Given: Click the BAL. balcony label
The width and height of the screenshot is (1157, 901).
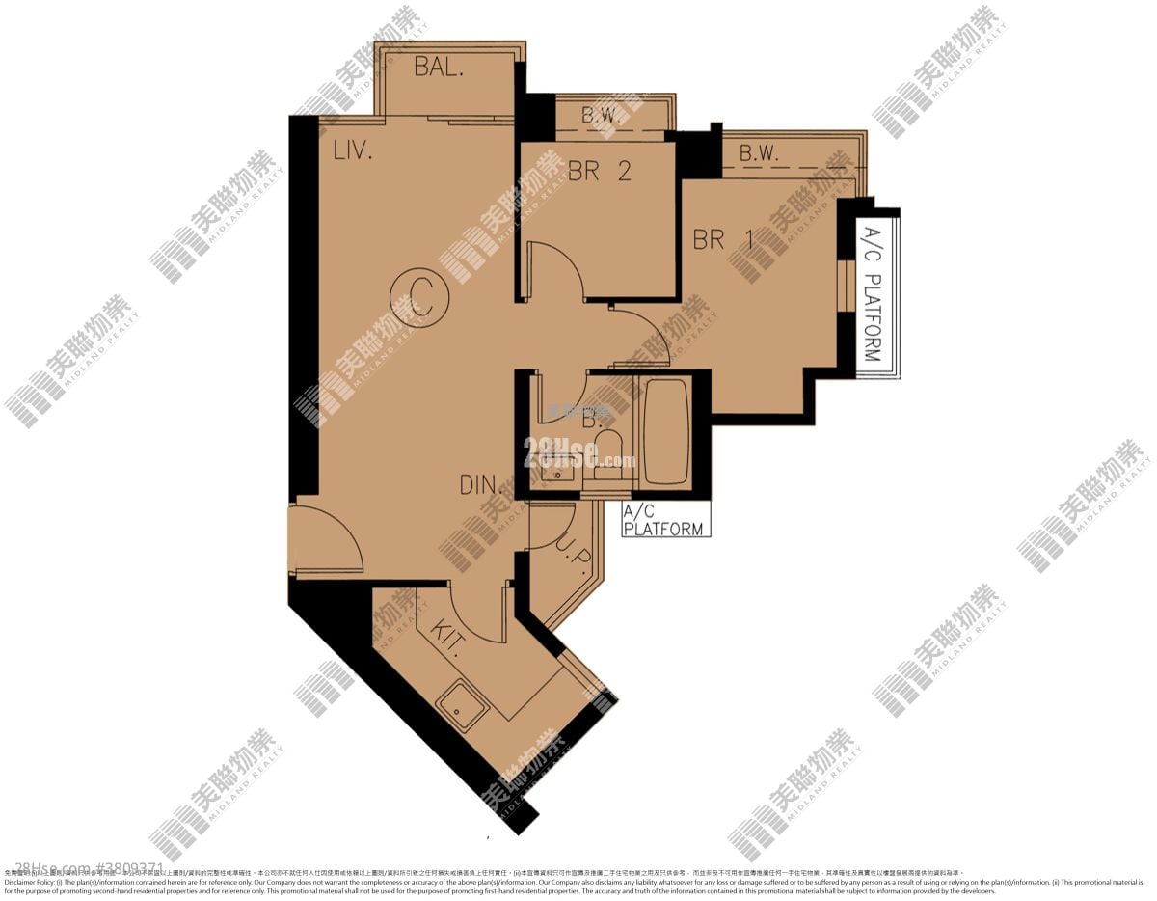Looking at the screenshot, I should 440,68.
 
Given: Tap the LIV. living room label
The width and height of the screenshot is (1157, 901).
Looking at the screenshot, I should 353,150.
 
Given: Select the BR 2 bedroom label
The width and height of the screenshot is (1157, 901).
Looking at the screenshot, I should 599,172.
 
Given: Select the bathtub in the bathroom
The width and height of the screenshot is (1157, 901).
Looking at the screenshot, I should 665,431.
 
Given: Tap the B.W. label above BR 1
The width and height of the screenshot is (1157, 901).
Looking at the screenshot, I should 759,153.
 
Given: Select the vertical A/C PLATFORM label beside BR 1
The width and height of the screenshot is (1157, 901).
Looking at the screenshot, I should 871,294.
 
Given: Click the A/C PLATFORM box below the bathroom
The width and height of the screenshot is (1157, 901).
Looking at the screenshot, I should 665,520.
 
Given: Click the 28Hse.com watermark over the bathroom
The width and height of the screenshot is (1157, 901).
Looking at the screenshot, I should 578,452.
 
